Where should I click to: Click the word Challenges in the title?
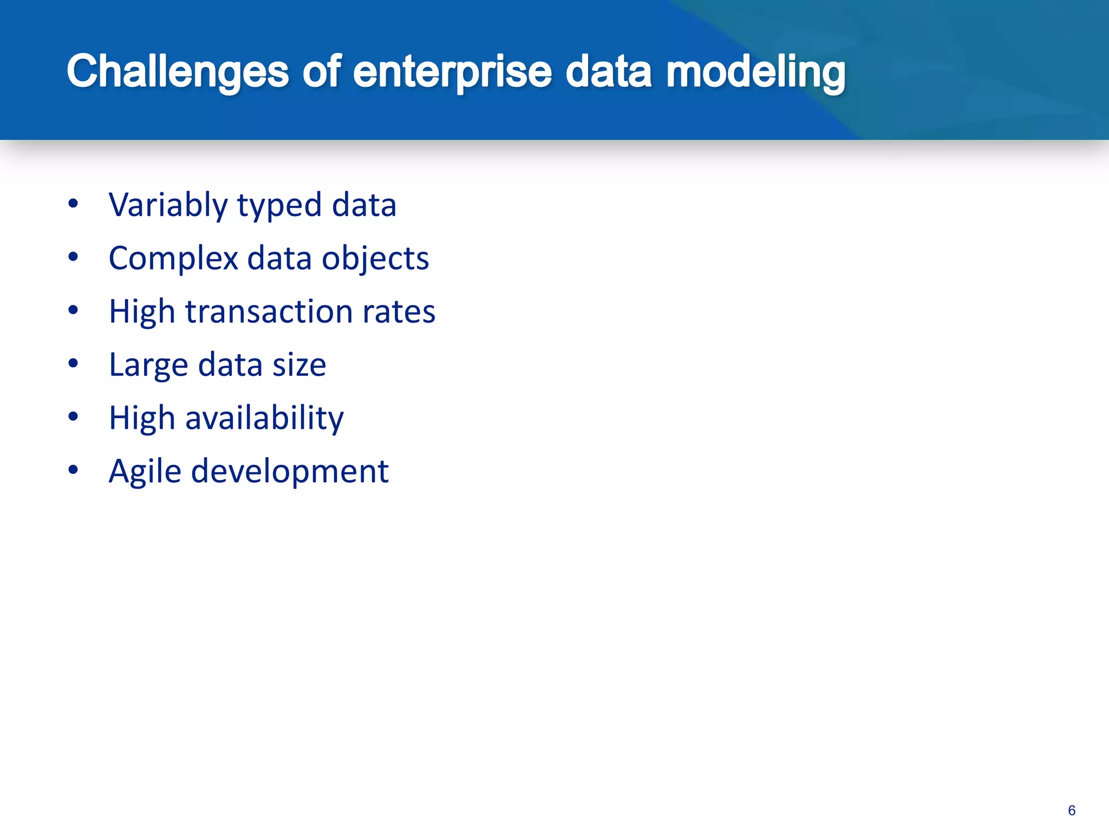[x=178, y=72]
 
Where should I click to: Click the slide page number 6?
[x=1071, y=810]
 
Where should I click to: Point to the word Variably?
[x=168, y=206]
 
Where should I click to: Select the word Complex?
[x=173, y=259]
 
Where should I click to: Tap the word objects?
[x=375, y=259]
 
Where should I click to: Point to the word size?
[x=299, y=365]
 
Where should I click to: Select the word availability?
[x=264, y=419]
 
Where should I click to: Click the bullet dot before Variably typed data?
[x=74, y=204]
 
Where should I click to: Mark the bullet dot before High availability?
[x=74, y=417]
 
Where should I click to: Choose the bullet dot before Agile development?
[x=74, y=470]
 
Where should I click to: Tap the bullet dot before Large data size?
[x=74, y=363]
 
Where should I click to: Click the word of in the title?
[x=321, y=72]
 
